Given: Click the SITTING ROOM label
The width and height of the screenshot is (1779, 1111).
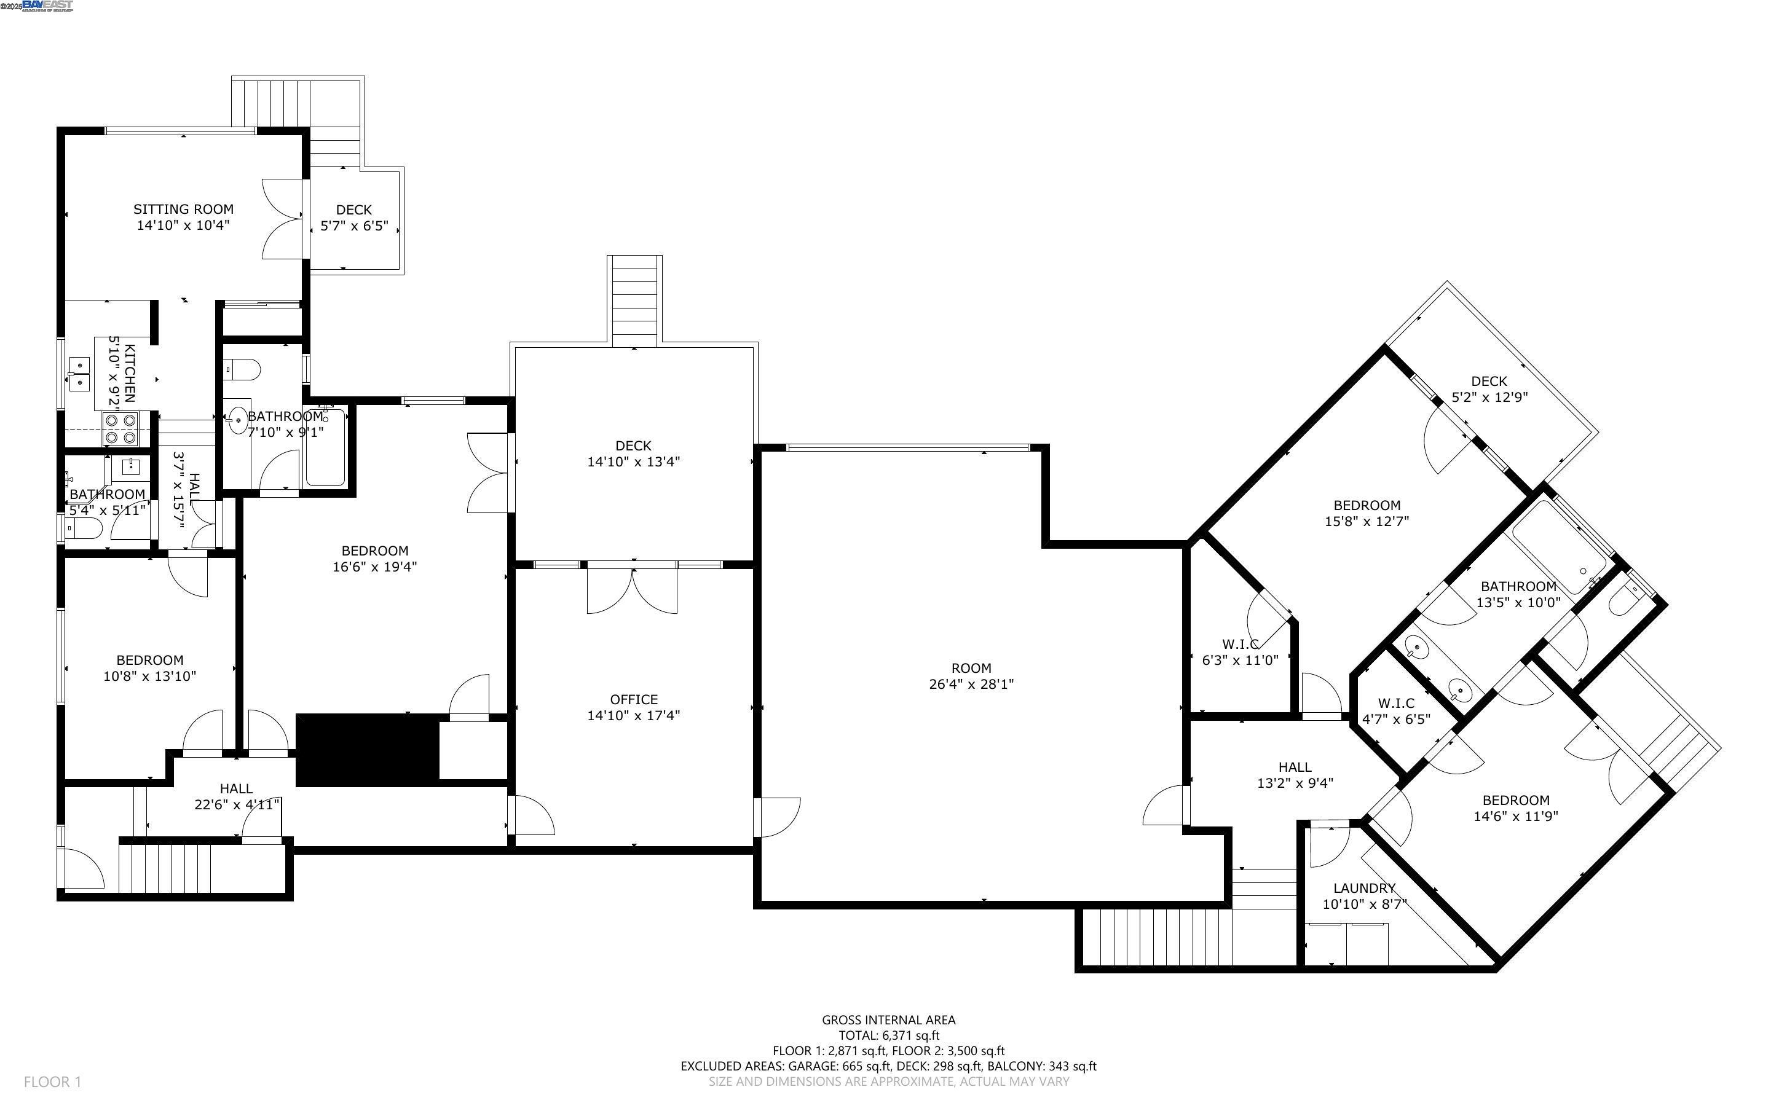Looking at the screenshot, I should (183, 210).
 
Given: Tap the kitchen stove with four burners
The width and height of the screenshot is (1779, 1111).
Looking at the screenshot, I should (120, 428).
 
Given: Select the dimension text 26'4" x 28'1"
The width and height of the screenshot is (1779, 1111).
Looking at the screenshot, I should (971, 684).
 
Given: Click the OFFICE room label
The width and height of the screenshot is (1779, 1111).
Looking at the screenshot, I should (633, 699).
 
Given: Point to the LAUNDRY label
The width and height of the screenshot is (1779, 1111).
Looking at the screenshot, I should (1364, 887).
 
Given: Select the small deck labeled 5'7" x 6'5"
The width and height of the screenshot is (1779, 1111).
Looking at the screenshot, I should (354, 218).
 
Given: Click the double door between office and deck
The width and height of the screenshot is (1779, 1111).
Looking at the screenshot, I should (632, 588).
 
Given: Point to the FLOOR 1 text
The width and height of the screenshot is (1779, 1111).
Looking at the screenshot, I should (52, 1082).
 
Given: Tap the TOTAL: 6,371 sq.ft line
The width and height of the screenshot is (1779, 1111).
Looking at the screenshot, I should (888, 1035).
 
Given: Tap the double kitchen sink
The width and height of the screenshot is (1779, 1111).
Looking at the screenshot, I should (79, 373).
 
